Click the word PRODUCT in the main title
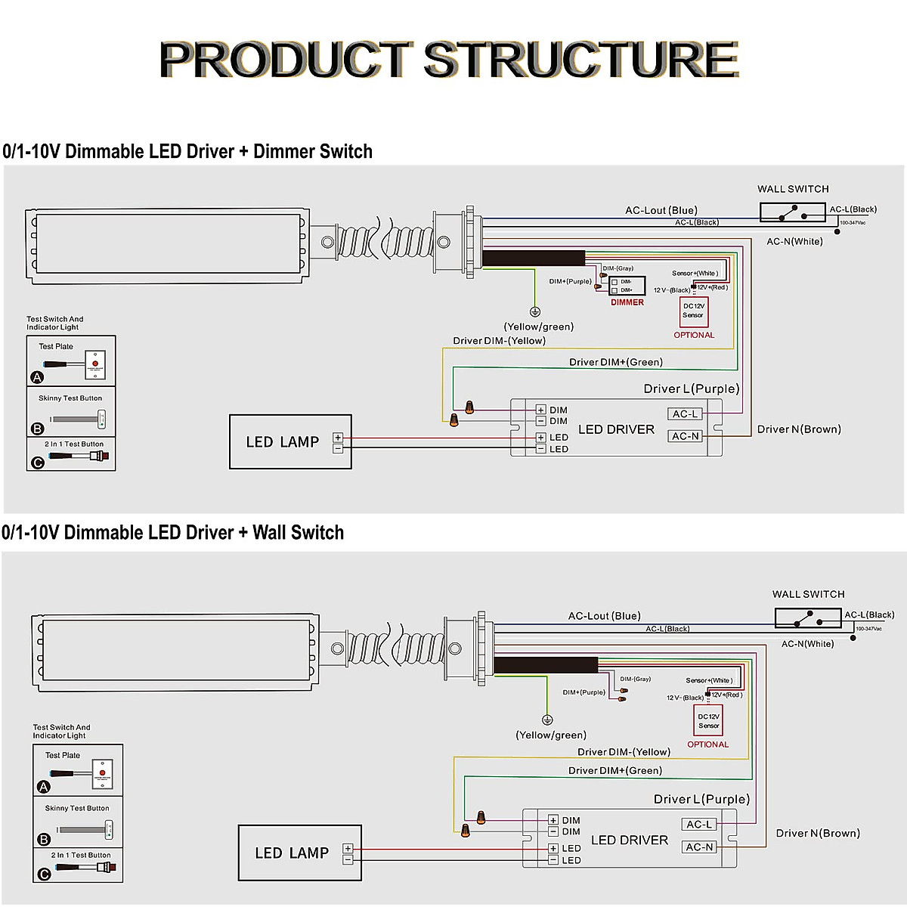(286, 60)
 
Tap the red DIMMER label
(627, 302)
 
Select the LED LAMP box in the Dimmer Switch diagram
(290, 441)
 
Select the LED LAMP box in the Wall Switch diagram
(300, 853)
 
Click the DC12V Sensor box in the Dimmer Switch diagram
(693, 311)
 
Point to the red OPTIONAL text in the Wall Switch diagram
(707, 744)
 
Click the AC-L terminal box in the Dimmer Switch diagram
(686, 414)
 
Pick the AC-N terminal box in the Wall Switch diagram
(699, 847)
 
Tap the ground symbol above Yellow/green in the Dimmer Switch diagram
(535, 311)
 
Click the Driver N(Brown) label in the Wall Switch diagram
(818, 833)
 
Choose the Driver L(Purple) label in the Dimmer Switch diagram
(691, 388)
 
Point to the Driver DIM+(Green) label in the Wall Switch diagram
(615, 770)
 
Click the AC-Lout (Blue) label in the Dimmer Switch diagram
(661, 210)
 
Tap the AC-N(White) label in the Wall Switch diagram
(807, 644)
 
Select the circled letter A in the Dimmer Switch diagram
(37, 377)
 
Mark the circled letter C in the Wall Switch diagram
(44, 874)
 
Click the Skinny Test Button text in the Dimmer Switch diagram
(70, 398)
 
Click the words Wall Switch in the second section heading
(298, 533)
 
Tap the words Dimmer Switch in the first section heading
(312, 151)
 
